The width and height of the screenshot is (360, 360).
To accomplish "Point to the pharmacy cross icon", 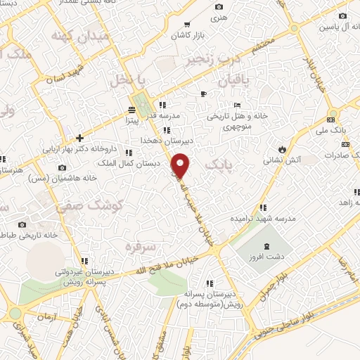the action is point(80,138).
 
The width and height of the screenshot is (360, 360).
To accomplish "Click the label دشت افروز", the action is point(280,257).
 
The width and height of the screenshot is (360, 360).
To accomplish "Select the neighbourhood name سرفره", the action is point(139,247).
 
